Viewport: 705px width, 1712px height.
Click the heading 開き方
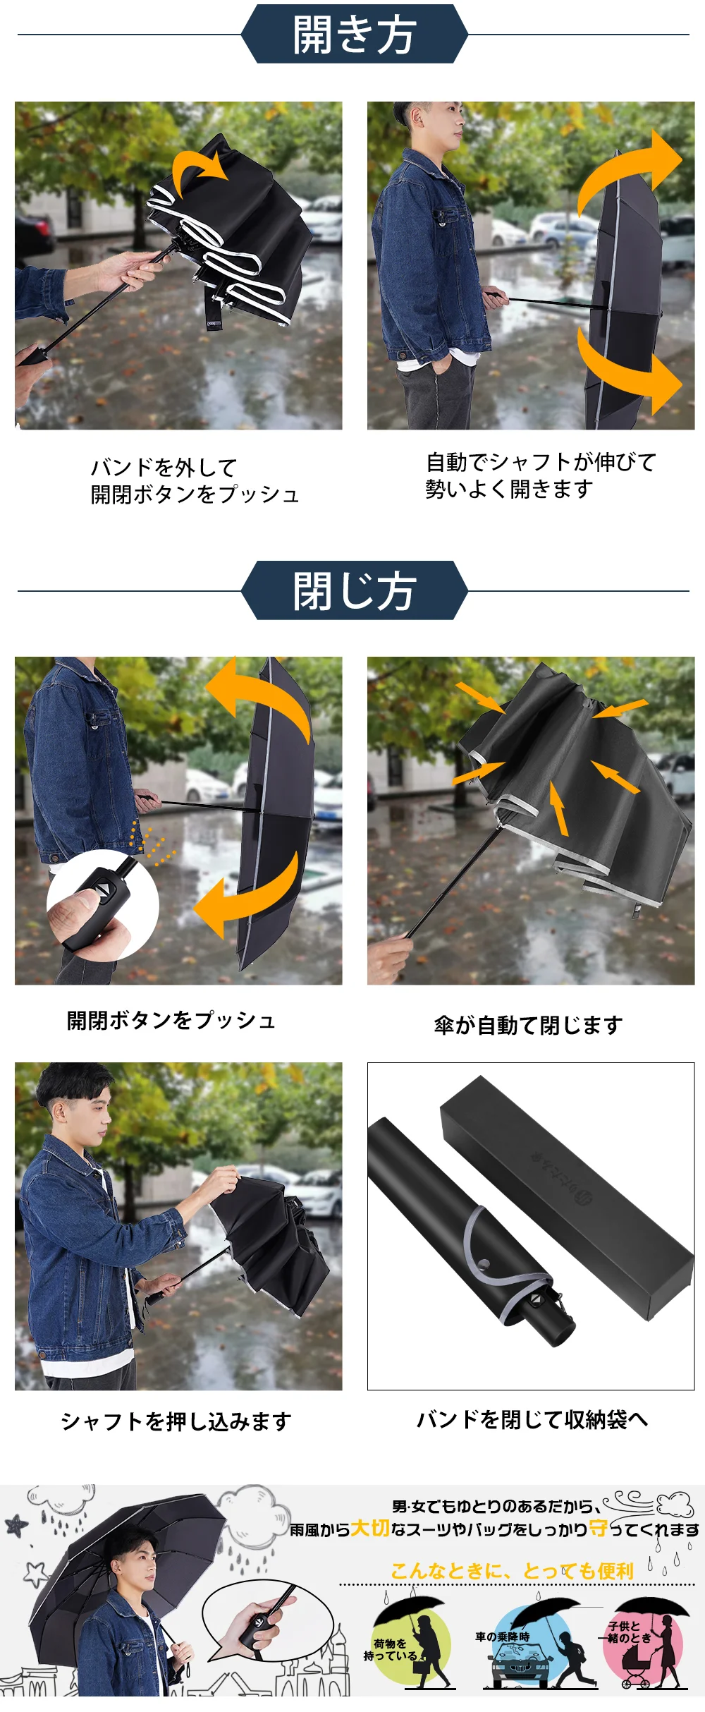(x=354, y=35)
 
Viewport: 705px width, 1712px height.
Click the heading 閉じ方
(x=354, y=591)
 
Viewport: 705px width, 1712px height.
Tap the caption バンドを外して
(x=164, y=468)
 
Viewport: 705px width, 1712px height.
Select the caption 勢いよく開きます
(x=509, y=489)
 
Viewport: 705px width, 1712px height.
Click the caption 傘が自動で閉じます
(x=528, y=1025)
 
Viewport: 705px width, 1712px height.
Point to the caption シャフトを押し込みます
(x=176, y=1421)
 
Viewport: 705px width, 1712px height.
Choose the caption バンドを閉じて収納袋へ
(x=532, y=1419)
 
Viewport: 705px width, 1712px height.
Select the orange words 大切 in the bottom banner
(x=370, y=1529)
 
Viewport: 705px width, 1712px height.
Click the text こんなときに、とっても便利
(x=513, y=1571)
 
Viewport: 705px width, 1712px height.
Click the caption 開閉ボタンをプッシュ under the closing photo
(x=171, y=1021)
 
